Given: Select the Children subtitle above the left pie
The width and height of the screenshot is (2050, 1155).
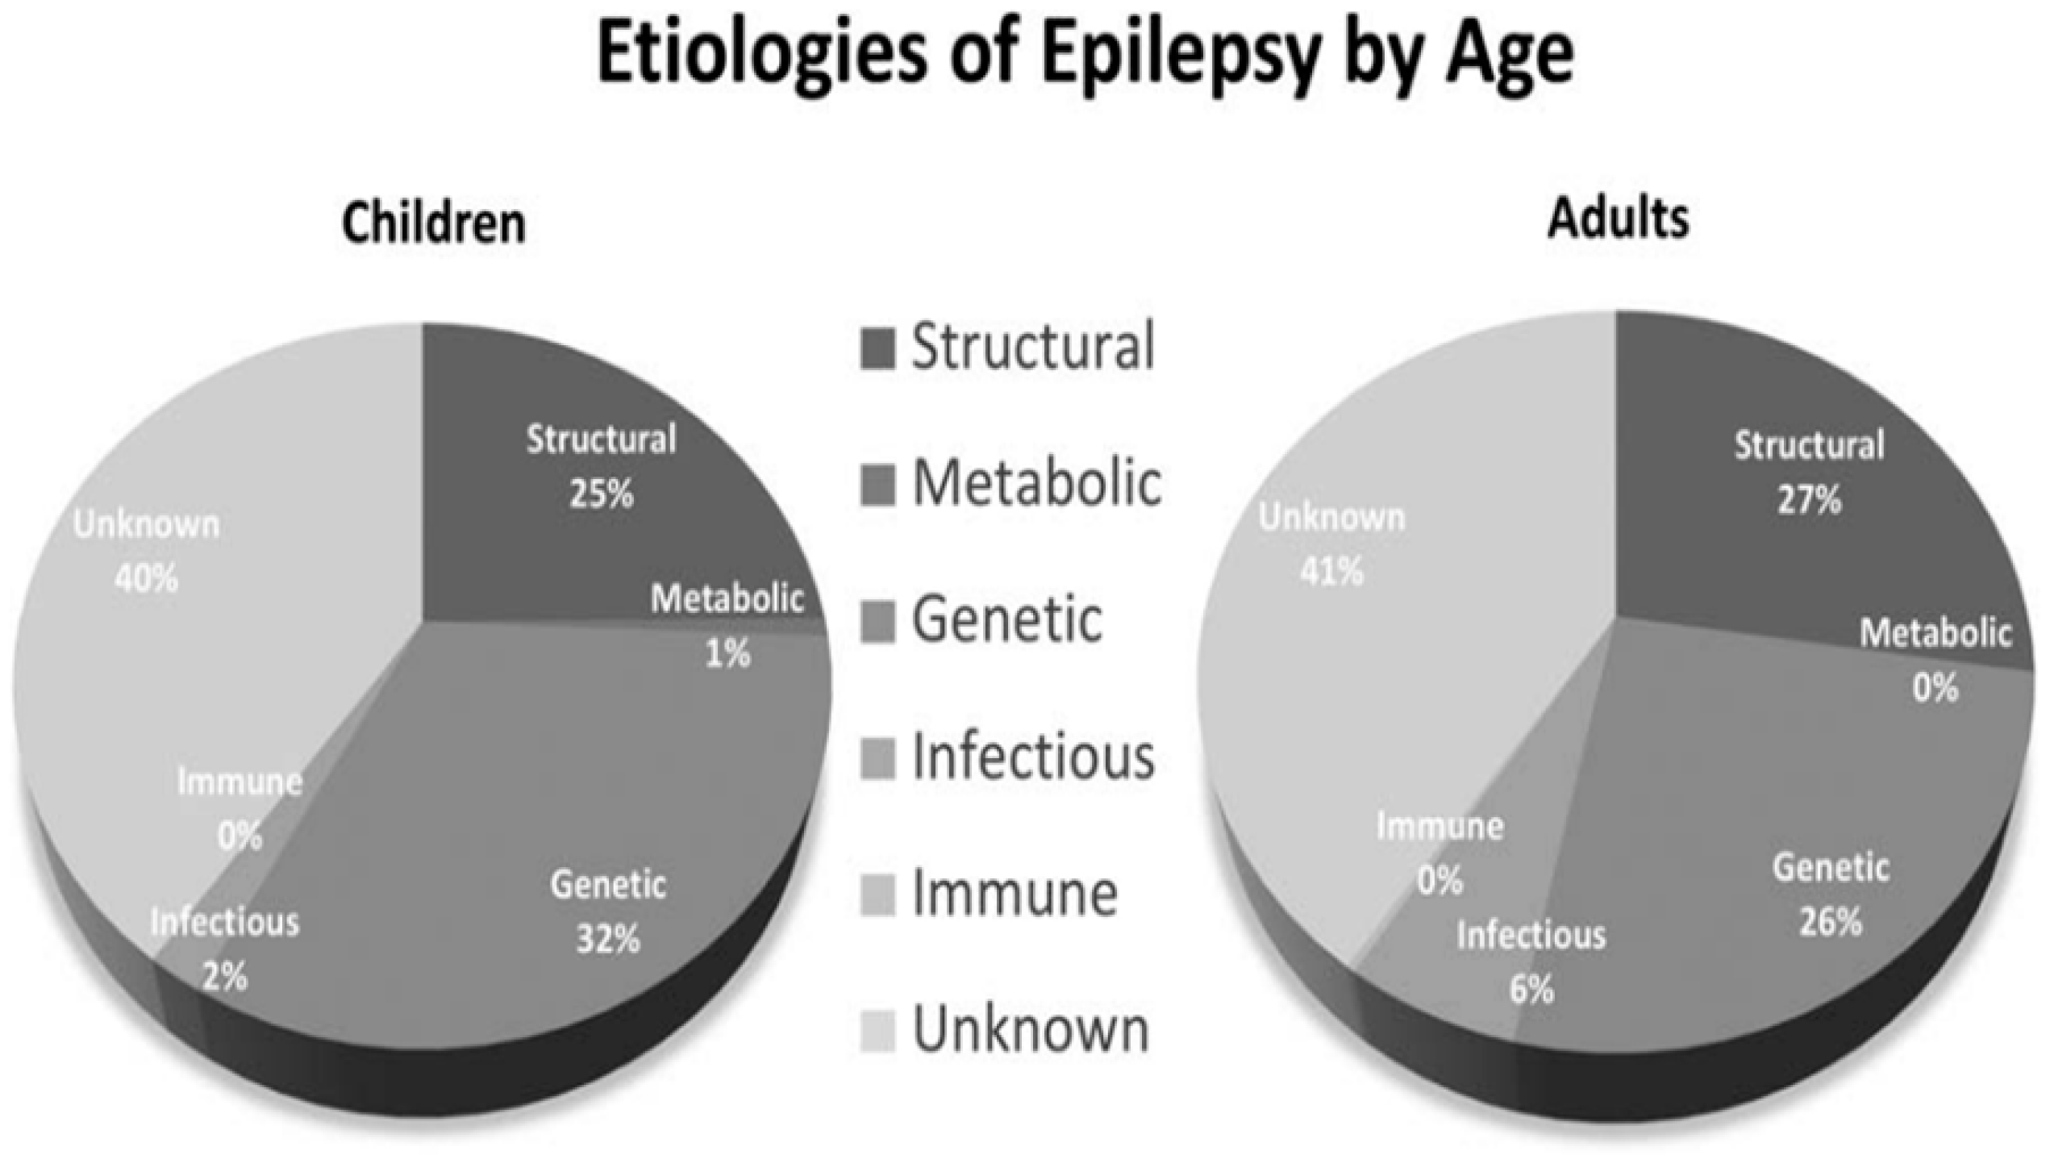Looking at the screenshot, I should point(434,223).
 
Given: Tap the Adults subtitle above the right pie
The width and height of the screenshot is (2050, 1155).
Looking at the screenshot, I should point(1618,218).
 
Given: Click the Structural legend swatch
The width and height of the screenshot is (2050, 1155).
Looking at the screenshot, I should point(877,348).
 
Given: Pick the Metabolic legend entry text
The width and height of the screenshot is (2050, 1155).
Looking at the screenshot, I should point(1036,484).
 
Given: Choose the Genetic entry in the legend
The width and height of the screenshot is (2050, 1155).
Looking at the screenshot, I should point(1006,620).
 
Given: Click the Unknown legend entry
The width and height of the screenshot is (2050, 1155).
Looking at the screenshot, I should point(1030,1030).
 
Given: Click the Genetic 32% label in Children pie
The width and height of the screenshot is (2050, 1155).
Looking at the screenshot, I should point(608,911).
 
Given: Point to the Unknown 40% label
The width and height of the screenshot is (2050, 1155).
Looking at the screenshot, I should point(146,551).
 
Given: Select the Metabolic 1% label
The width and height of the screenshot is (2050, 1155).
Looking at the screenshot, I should point(727,625).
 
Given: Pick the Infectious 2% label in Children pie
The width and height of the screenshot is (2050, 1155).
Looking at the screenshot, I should point(224,949).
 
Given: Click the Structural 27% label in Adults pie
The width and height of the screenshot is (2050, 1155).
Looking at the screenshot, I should point(1810,472).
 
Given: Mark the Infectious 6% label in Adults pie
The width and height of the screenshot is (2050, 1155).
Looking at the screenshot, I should point(1531,961).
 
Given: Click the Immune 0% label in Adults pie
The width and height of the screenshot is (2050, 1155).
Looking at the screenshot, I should point(1440,853).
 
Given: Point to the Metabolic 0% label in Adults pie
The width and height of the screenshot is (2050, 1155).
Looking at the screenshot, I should point(1935,660).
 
